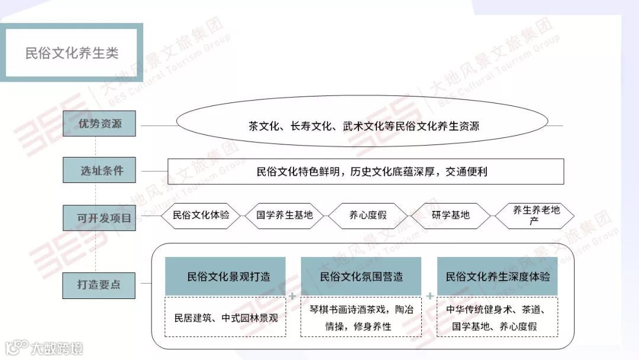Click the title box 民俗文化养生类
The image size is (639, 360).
(72, 53)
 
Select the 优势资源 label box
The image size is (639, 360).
(100, 124)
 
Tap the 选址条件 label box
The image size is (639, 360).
(102, 171)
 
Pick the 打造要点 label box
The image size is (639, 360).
(99, 285)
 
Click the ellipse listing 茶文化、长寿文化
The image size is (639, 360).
(363, 126)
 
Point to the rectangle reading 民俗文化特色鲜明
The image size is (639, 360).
(366, 172)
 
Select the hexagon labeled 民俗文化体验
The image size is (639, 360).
(201, 216)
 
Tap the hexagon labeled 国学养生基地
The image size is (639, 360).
(285, 216)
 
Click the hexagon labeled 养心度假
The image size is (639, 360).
(367, 216)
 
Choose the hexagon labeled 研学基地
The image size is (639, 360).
(451, 216)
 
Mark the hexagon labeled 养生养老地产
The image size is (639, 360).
(534, 216)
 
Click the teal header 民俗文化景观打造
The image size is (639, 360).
(225, 276)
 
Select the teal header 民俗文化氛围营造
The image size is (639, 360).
(361, 276)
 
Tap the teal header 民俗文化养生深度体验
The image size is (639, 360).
(497, 276)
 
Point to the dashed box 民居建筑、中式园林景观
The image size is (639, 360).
(225, 317)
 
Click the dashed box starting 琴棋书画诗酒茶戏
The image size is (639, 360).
(361, 317)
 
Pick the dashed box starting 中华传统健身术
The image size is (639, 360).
(497, 317)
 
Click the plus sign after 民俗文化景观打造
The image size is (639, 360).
(293, 295)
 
